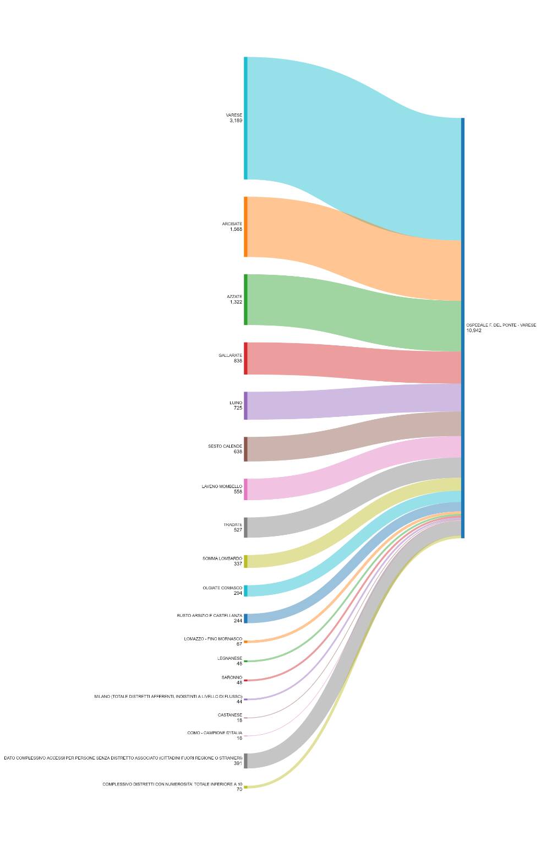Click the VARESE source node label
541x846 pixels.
click(234, 115)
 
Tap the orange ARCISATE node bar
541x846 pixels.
click(245, 226)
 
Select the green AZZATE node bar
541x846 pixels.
click(245, 299)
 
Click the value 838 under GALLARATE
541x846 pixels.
click(238, 361)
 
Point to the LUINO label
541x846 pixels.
click(236, 403)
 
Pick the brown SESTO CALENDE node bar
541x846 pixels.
click(245, 449)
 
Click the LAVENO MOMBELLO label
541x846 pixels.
click(222, 486)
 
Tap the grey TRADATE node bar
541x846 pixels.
click(245, 527)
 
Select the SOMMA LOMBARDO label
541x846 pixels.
click(222, 558)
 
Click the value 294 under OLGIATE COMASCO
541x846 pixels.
click(238, 593)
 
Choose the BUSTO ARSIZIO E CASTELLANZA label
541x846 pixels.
click(209, 615)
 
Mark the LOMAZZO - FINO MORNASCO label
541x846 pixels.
click(213, 639)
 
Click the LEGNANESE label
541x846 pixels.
click(229, 658)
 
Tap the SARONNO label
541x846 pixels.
click(232, 677)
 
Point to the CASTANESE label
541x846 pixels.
click(230, 715)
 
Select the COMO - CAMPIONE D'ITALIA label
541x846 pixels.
click(215, 733)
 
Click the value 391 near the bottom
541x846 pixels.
click(238, 763)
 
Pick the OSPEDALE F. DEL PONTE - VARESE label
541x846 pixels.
click(501, 325)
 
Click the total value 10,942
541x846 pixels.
click(474, 330)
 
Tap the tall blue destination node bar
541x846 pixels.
click(463, 328)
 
